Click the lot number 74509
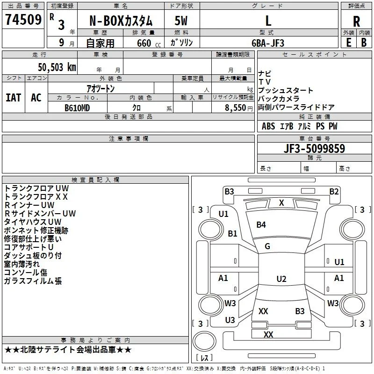click(x=23, y=19)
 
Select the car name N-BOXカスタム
click(x=121, y=21)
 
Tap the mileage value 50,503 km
click(x=57, y=67)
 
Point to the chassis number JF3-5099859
click(x=314, y=149)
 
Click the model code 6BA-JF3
click(x=268, y=43)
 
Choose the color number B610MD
click(x=77, y=108)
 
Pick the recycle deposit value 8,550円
click(x=239, y=108)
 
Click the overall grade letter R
click(x=356, y=22)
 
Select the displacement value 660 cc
click(x=149, y=43)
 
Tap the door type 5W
click(x=181, y=21)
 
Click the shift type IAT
click(x=14, y=98)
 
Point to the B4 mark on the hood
click(x=261, y=225)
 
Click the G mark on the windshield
click(x=267, y=246)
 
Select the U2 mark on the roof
click(x=281, y=279)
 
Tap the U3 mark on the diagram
click(x=230, y=320)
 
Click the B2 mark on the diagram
click(x=334, y=192)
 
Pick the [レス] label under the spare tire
click(x=204, y=358)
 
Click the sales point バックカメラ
click(x=278, y=99)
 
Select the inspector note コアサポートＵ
click(x=29, y=247)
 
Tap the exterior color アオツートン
click(x=101, y=89)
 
